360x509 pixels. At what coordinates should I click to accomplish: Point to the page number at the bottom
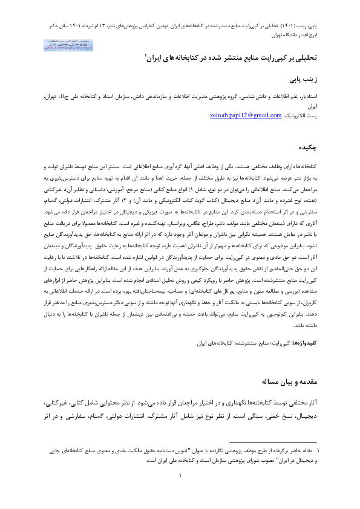[180, 475]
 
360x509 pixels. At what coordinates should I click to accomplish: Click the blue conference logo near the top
[59, 44]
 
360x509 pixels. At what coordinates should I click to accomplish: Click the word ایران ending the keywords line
[205, 343]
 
